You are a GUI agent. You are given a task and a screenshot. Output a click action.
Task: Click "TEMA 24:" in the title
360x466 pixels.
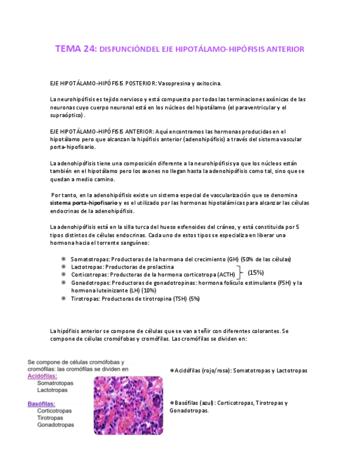point(75,49)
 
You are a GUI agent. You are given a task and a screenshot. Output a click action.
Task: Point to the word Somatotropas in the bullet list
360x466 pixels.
point(89,259)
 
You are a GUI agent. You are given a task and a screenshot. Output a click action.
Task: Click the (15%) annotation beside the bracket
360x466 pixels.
point(256,272)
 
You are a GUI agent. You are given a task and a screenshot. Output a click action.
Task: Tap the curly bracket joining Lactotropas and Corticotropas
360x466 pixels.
point(240,271)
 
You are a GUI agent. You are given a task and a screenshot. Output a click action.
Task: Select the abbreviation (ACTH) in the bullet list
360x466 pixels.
point(226,275)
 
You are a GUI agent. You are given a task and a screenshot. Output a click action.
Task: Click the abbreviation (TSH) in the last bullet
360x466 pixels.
point(179,298)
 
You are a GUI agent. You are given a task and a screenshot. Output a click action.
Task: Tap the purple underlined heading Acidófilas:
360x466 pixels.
point(42,376)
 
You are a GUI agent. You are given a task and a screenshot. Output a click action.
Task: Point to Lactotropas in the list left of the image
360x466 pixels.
point(52,390)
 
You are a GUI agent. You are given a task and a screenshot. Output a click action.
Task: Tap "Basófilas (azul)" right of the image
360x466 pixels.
point(196,403)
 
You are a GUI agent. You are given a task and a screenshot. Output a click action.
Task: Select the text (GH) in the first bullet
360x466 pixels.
point(234,259)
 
